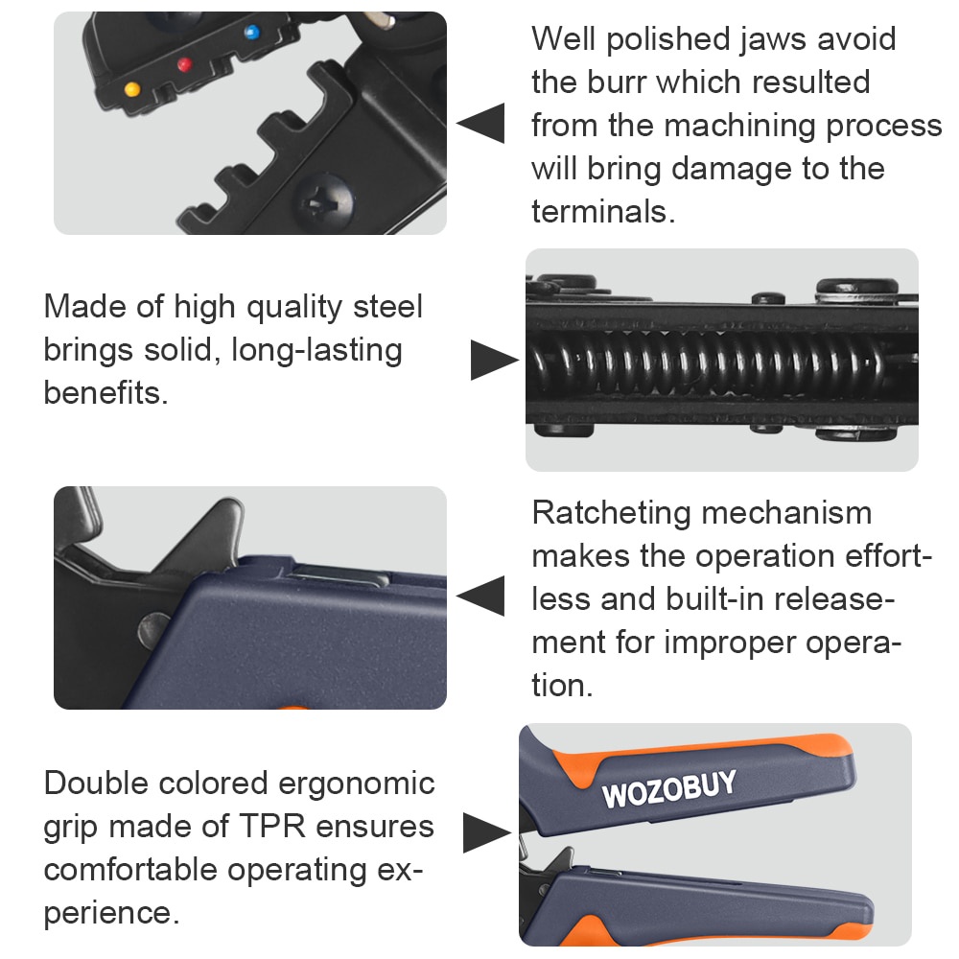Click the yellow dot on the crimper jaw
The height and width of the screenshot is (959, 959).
[132, 89]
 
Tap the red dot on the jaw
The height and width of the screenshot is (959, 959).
[184, 63]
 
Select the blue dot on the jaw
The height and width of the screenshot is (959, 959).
[251, 32]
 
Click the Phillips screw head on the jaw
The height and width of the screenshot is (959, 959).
[325, 200]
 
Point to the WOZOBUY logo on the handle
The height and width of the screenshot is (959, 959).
[669, 789]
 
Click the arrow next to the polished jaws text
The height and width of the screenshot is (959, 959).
[480, 123]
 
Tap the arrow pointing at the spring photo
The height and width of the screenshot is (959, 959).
[494, 361]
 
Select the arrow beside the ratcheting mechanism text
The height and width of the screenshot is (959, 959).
[480, 596]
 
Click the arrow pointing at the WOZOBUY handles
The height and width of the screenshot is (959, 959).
[487, 832]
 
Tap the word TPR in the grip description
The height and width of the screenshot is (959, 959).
[272, 827]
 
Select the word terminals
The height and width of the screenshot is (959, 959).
[603, 212]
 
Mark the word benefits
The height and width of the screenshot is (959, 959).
[105, 392]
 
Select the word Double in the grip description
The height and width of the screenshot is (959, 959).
[96, 783]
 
